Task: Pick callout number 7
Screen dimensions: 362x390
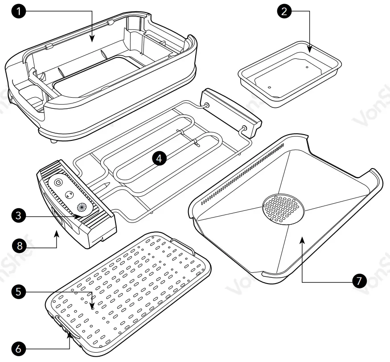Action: click(359, 281)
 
